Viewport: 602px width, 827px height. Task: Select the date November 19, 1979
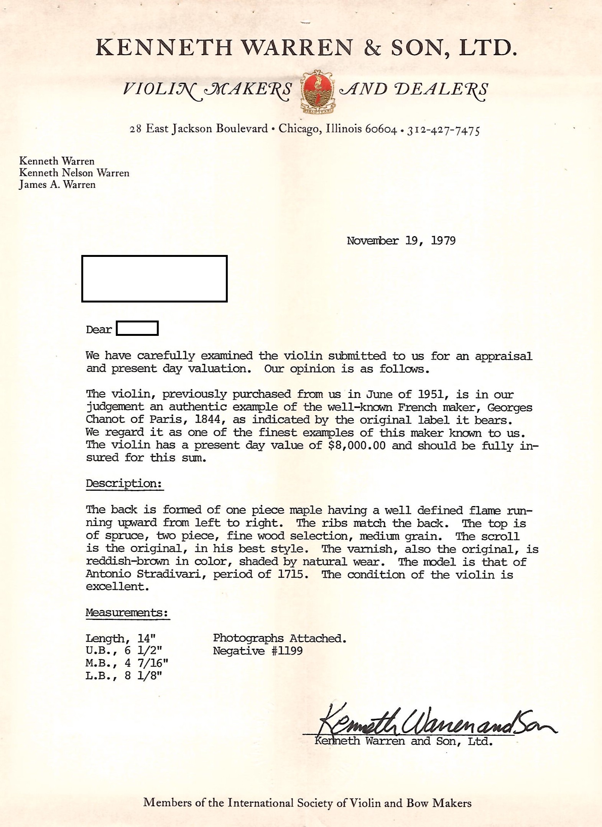[x=401, y=241]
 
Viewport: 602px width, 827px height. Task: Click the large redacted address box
[x=155, y=279]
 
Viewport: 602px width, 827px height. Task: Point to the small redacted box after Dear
[x=137, y=329]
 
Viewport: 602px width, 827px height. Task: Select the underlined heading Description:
[x=124, y=483]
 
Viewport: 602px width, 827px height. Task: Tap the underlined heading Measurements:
[x=127, y=612]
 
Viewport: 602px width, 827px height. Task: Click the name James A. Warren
[x=58, y=185]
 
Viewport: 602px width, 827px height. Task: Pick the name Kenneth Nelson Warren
[x=74, y=173]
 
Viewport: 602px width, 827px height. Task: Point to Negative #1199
[x=258, y=651]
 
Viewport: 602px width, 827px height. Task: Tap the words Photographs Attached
[x=280, y=638]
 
